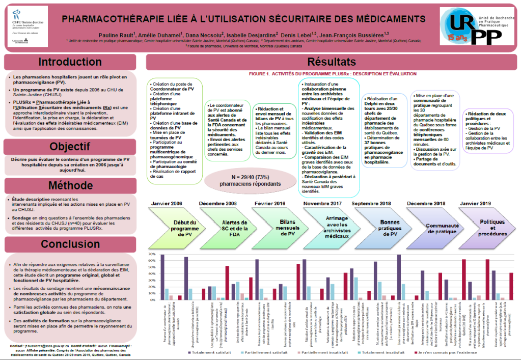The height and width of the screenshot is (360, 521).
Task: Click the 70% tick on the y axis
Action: coord(151,254)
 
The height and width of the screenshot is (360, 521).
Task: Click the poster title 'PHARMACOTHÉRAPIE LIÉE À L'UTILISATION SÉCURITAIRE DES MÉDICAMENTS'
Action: coord(243,18)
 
